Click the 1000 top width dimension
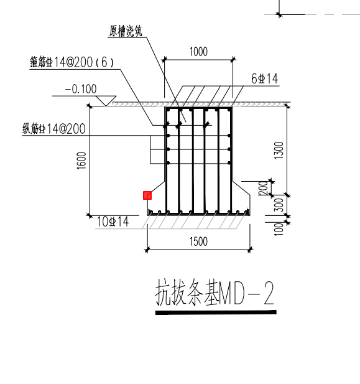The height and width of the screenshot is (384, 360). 198,52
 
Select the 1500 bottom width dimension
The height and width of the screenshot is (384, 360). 198,242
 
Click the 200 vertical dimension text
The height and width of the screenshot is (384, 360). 262,187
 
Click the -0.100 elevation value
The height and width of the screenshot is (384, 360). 81,89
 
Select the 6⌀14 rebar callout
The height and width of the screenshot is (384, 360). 264,78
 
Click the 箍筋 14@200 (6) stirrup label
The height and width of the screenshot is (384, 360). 74,62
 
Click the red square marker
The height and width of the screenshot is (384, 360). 147,195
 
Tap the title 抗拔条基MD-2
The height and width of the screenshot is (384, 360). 214,294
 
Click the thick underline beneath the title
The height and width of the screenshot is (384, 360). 215,312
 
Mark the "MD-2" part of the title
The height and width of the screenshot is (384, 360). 247,294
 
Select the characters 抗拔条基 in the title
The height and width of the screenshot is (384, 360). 187,294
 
